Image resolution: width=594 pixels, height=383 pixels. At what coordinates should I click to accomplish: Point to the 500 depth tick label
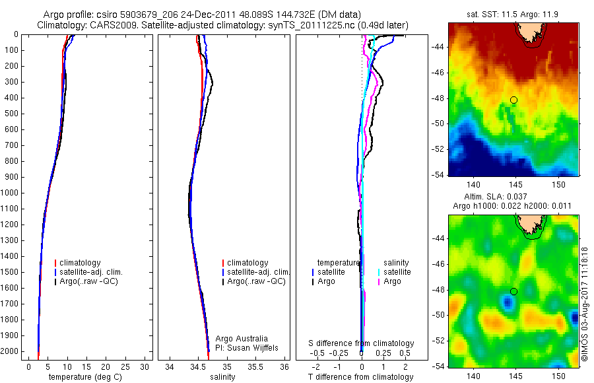11,114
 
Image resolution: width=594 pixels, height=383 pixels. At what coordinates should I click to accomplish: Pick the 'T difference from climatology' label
360,377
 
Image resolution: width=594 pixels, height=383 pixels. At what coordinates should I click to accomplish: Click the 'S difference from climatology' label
362,343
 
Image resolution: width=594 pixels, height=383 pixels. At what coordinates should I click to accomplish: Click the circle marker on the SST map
513,100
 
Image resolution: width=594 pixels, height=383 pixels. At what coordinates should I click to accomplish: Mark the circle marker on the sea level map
513,291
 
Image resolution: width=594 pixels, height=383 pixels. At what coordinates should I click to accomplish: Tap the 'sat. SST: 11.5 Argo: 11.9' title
513,14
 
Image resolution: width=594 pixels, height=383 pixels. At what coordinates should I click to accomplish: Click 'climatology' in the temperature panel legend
81,263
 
